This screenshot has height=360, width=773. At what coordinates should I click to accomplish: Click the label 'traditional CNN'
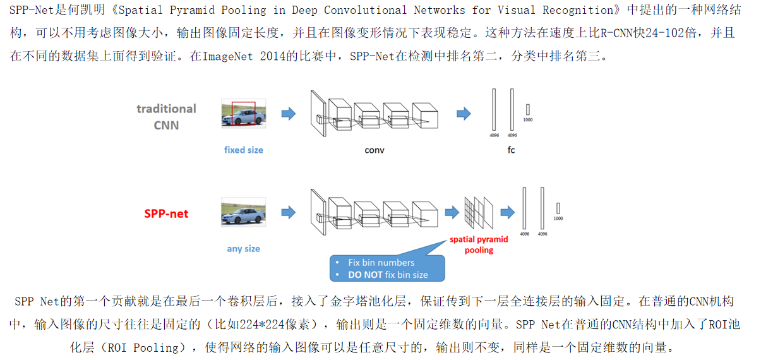166,116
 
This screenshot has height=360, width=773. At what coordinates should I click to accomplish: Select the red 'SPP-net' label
166,213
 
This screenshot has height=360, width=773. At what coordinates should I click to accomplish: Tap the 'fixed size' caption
243,150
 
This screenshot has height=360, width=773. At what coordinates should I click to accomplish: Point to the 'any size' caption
243,248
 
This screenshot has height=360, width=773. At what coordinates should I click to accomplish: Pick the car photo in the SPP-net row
243,212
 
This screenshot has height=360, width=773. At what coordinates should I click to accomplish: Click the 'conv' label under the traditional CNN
374,150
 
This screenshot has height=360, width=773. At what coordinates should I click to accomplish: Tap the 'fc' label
510,150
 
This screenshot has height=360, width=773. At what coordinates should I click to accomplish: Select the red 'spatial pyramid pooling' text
479,244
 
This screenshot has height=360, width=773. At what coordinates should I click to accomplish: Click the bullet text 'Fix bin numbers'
381,262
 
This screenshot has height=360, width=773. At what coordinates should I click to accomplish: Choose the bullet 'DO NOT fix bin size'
388,275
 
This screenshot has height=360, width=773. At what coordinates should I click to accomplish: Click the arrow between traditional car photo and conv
288,114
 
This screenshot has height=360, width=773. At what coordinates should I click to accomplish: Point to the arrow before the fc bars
464,114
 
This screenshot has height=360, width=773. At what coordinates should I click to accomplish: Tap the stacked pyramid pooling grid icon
478,212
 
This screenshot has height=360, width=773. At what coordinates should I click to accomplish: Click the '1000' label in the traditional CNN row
528,119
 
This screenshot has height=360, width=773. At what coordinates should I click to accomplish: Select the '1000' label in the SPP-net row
558,219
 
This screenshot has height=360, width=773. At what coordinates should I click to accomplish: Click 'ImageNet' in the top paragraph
228,56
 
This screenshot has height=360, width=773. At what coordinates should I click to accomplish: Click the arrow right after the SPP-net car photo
288,212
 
